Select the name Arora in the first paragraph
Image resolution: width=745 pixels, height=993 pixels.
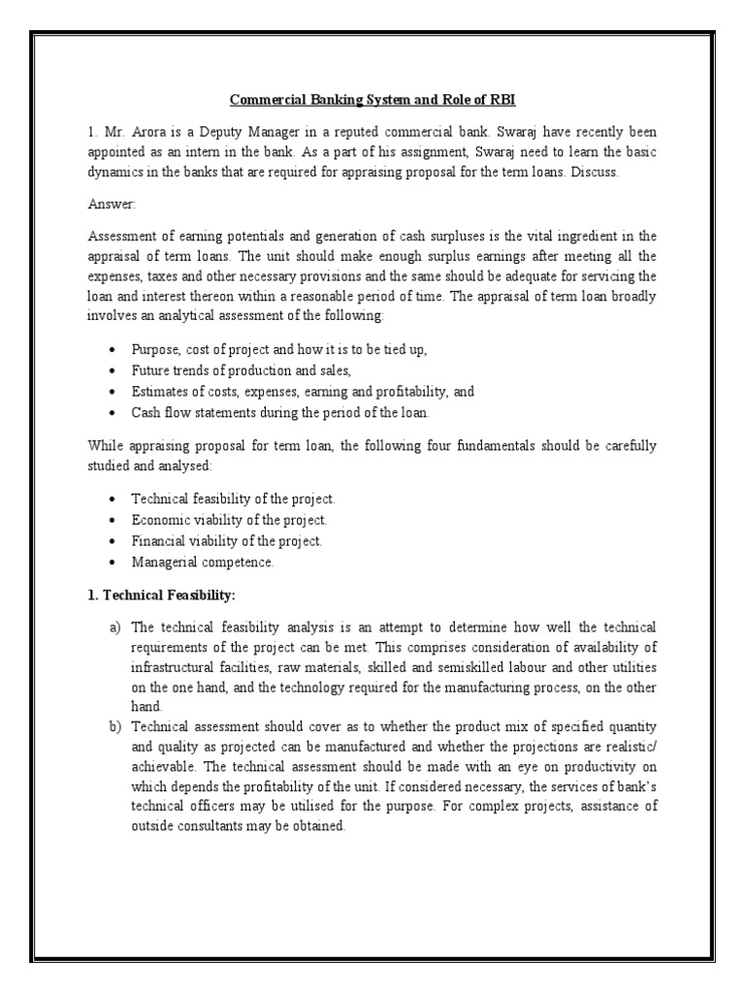136,130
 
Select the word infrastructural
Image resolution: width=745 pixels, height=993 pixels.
173,669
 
